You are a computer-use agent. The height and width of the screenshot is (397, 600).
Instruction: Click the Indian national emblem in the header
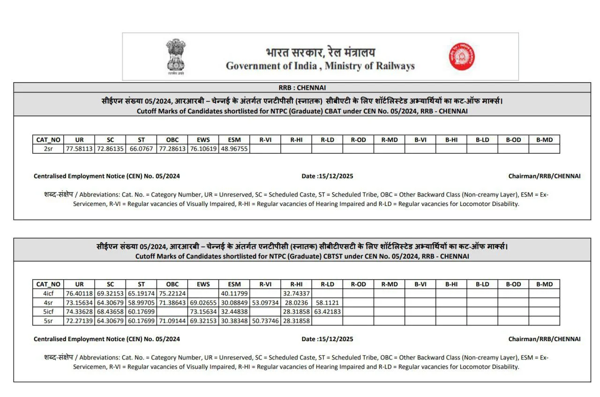176,56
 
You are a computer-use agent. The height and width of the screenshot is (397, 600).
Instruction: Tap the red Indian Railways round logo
462,56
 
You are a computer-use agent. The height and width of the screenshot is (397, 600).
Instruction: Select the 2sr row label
48,149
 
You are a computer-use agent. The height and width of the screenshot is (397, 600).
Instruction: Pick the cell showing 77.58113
79,149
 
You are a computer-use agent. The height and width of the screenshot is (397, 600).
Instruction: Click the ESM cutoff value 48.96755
234,149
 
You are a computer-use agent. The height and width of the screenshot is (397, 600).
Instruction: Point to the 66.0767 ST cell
141,149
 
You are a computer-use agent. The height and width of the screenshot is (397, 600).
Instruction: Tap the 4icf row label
48,293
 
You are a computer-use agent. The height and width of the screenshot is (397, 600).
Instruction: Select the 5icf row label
48,312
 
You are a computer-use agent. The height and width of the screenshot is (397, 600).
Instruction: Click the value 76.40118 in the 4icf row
79,293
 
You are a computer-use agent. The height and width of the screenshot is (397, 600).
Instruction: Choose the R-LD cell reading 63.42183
327,312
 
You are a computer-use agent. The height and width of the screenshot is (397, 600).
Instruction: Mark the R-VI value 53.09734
265,303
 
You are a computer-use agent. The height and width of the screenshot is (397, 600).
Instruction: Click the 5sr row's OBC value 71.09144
172,321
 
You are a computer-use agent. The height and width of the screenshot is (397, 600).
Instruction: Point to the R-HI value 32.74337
296,293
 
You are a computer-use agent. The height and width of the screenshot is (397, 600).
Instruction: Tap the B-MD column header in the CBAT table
544,140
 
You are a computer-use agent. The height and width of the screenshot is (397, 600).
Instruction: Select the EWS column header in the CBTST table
203,284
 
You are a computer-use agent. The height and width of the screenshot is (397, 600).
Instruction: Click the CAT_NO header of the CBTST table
48,284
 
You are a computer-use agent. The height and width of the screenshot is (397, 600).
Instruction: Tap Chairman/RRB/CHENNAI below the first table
544,176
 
